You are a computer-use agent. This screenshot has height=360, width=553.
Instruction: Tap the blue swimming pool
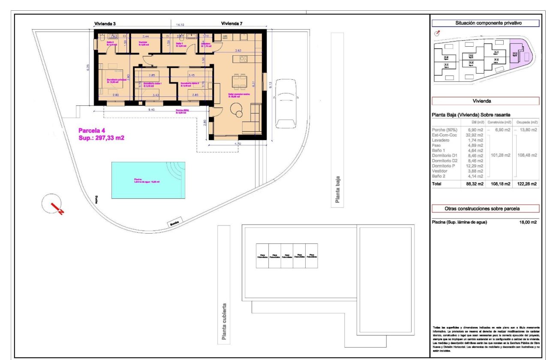tap(148, 180)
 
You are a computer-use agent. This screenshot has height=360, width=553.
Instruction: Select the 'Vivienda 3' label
tap(105, 24)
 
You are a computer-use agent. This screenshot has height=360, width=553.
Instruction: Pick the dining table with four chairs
tap(239, 80)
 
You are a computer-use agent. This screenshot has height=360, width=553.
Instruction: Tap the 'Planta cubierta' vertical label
tap(224, 321)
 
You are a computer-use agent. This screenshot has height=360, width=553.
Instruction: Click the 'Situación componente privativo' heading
tap(485, 24)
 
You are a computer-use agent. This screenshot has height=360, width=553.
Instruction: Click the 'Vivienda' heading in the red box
tap(485, 101)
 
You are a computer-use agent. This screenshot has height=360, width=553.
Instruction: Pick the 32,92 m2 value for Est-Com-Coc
tap(475, 135)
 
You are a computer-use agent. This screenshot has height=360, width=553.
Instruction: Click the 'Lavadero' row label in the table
tap(440, 140)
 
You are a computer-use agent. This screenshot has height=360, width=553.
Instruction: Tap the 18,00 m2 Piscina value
tap(528, 222)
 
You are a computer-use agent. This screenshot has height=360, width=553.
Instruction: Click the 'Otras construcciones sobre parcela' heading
tap(485, 209)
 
